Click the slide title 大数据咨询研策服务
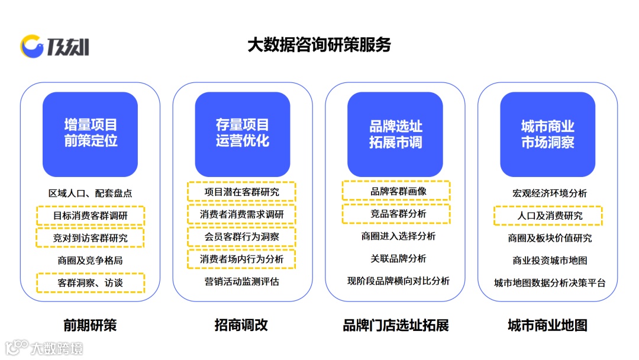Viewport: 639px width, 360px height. click(319, 45)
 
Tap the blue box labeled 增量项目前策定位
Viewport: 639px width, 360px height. click(90, 134)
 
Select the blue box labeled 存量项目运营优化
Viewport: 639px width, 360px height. click(243, 134)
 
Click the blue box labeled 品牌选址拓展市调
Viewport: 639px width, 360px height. click(395, 134)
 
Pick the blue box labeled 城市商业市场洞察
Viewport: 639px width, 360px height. click(547, 134)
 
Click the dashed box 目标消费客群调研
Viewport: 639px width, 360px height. click(90, 216)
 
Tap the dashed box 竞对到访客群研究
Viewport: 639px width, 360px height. click(90, 238)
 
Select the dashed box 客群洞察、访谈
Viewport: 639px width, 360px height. click(90, 282)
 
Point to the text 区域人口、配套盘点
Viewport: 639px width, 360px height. click(90, 194)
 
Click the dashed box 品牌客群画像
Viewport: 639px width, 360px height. click(396, 191)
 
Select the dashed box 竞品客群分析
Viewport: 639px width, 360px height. click(396, 213)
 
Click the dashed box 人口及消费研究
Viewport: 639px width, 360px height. click(547, 216)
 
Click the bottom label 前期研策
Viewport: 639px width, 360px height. click(90, 325)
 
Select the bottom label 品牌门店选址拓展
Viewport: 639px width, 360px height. click(396, 325)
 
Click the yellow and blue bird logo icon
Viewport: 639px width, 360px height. click(32, 46)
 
